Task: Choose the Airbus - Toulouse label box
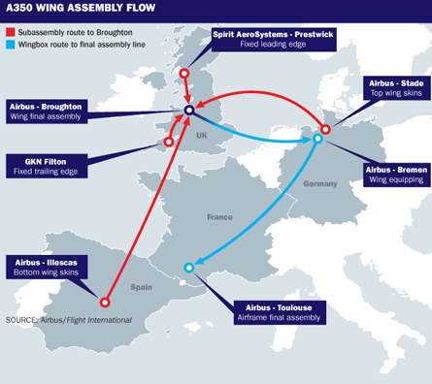point(280,310)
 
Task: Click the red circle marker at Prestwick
point(183,74)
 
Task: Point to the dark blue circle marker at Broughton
point(189,111)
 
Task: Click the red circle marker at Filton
point(170,142)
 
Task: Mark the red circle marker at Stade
point(325,129)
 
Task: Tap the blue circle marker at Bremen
point(317,140)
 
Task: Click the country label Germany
point(319,183)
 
